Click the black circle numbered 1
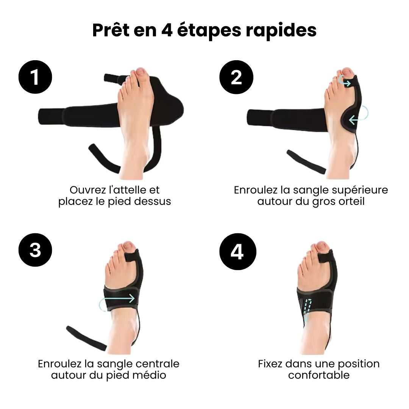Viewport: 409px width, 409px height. coord(35,77)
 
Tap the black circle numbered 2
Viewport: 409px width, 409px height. coord(236,77)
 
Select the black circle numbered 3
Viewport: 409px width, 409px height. coord(35,250)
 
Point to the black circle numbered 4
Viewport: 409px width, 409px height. coord(237,251)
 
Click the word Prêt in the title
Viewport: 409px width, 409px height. coord(111,30)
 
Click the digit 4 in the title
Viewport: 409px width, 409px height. coord(167,31)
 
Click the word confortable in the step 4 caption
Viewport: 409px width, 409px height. coord(319,375)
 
